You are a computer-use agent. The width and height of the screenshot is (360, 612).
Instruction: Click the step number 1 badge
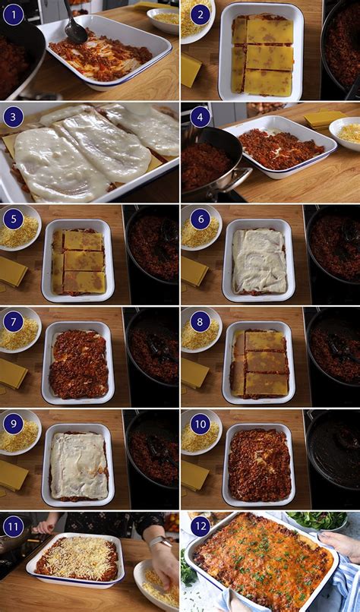(x=13, y=15)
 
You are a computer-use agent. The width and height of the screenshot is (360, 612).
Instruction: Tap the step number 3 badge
(x=13, y=117)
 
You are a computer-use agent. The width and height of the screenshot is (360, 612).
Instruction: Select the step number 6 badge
(x=201, y=219)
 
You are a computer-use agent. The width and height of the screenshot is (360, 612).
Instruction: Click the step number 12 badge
(x=201, y=526)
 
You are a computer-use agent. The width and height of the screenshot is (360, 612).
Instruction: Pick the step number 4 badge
(x=201, y=117)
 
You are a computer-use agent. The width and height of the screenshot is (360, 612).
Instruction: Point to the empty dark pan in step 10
(x=333, y=456)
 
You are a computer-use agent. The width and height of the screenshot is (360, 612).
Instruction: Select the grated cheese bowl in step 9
(x=20, y=433)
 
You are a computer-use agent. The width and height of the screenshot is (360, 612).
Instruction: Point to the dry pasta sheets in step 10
(x=194, y=475)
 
